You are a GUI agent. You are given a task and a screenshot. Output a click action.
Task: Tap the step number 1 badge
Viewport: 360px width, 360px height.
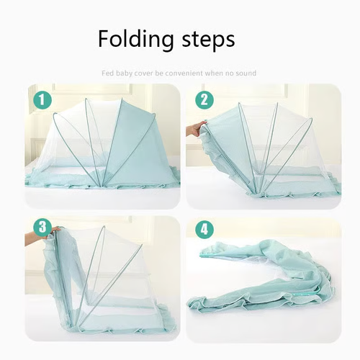click(42, 99)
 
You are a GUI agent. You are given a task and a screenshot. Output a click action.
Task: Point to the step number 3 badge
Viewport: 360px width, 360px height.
click(42, 228)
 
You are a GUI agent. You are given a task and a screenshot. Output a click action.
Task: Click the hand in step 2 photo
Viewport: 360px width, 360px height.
click(194, 130)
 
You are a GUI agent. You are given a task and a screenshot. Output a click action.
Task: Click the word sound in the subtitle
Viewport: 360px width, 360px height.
click(246, 73)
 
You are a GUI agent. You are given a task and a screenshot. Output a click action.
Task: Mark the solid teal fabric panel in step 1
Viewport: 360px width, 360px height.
click(137, 137)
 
